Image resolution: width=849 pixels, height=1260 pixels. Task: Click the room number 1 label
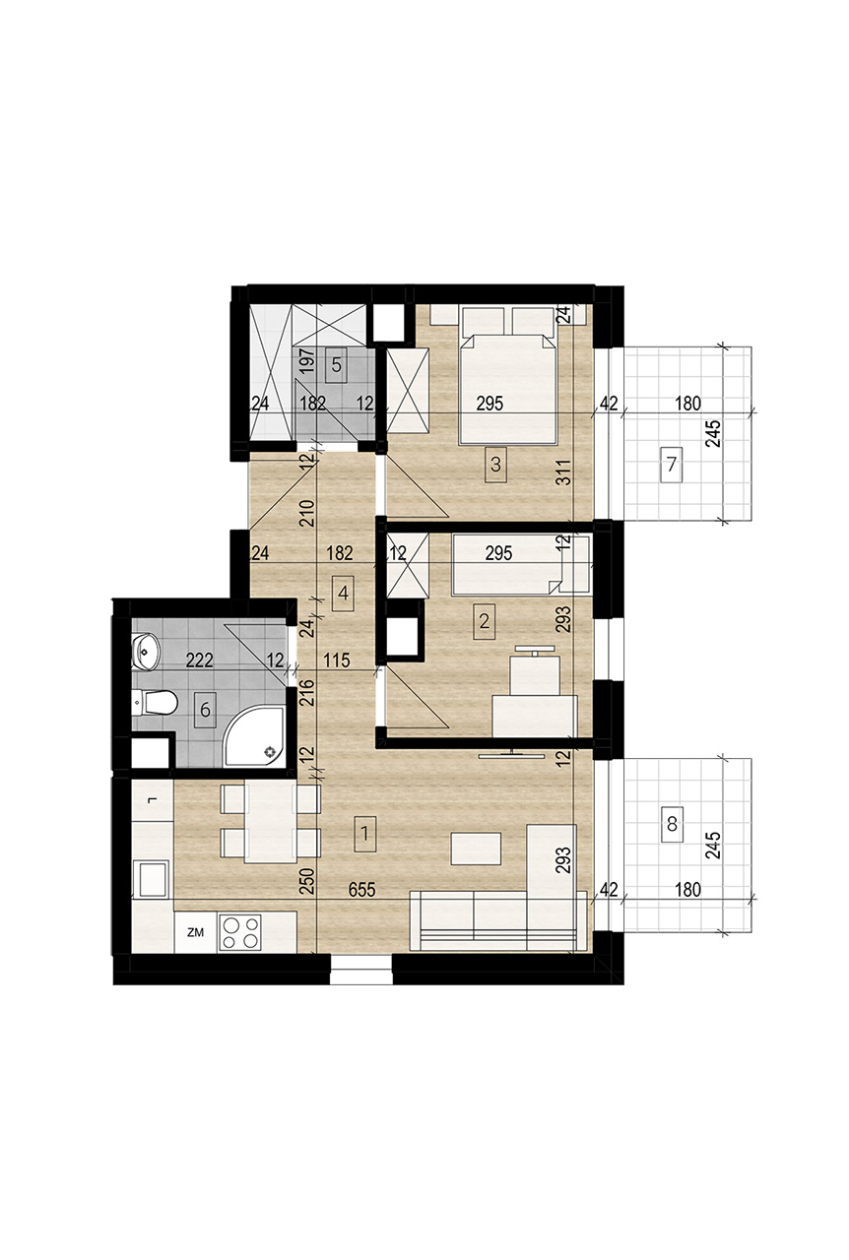coord(364,833)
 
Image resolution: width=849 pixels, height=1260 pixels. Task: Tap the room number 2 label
coord(484,621)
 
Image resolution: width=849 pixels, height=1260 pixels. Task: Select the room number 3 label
coord(495,465)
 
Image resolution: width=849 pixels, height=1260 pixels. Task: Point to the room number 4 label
coord(344,594)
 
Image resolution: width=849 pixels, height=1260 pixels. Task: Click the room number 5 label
coord(336,365)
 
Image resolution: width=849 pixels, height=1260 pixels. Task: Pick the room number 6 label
coord(205,710)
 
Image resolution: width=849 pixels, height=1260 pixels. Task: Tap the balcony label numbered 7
coord(671,466)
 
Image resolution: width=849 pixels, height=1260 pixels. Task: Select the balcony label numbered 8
coord(671,825)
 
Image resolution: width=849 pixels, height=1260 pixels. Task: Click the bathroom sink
coord(146,652)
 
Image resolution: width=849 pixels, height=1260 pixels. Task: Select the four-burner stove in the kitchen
coord(240,932)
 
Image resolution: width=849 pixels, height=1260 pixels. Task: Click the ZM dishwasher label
coord(195,932)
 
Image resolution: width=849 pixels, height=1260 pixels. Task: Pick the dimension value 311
coord(565,472)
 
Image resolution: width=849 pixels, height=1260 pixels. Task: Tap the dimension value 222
coord(200,660)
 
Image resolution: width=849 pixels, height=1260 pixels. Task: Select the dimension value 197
coord(307,361)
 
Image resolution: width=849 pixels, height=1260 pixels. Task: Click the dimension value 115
coord(337,660)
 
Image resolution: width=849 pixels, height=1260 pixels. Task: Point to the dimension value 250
coord(307,881)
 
